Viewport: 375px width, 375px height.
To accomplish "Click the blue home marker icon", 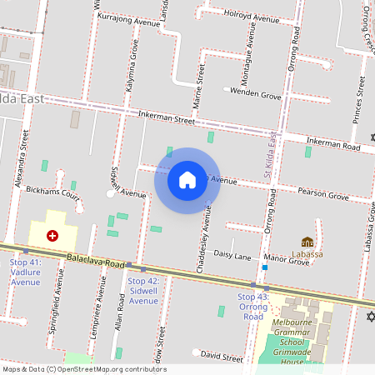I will click(187, 180).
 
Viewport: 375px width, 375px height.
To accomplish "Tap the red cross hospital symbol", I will click(52, 236).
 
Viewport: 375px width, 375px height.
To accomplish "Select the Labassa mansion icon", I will click(307, 242).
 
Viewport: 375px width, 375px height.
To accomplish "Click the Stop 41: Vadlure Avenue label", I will click(25, 272).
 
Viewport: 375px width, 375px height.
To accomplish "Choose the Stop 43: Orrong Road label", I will click(252, 307).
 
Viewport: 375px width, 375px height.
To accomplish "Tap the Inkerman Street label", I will click(166, 117).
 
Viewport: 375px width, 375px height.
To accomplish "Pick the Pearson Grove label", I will click(322, 195).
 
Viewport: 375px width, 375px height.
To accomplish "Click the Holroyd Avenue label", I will click(251, 17).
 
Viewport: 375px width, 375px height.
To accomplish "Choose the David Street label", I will click(222, 357).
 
